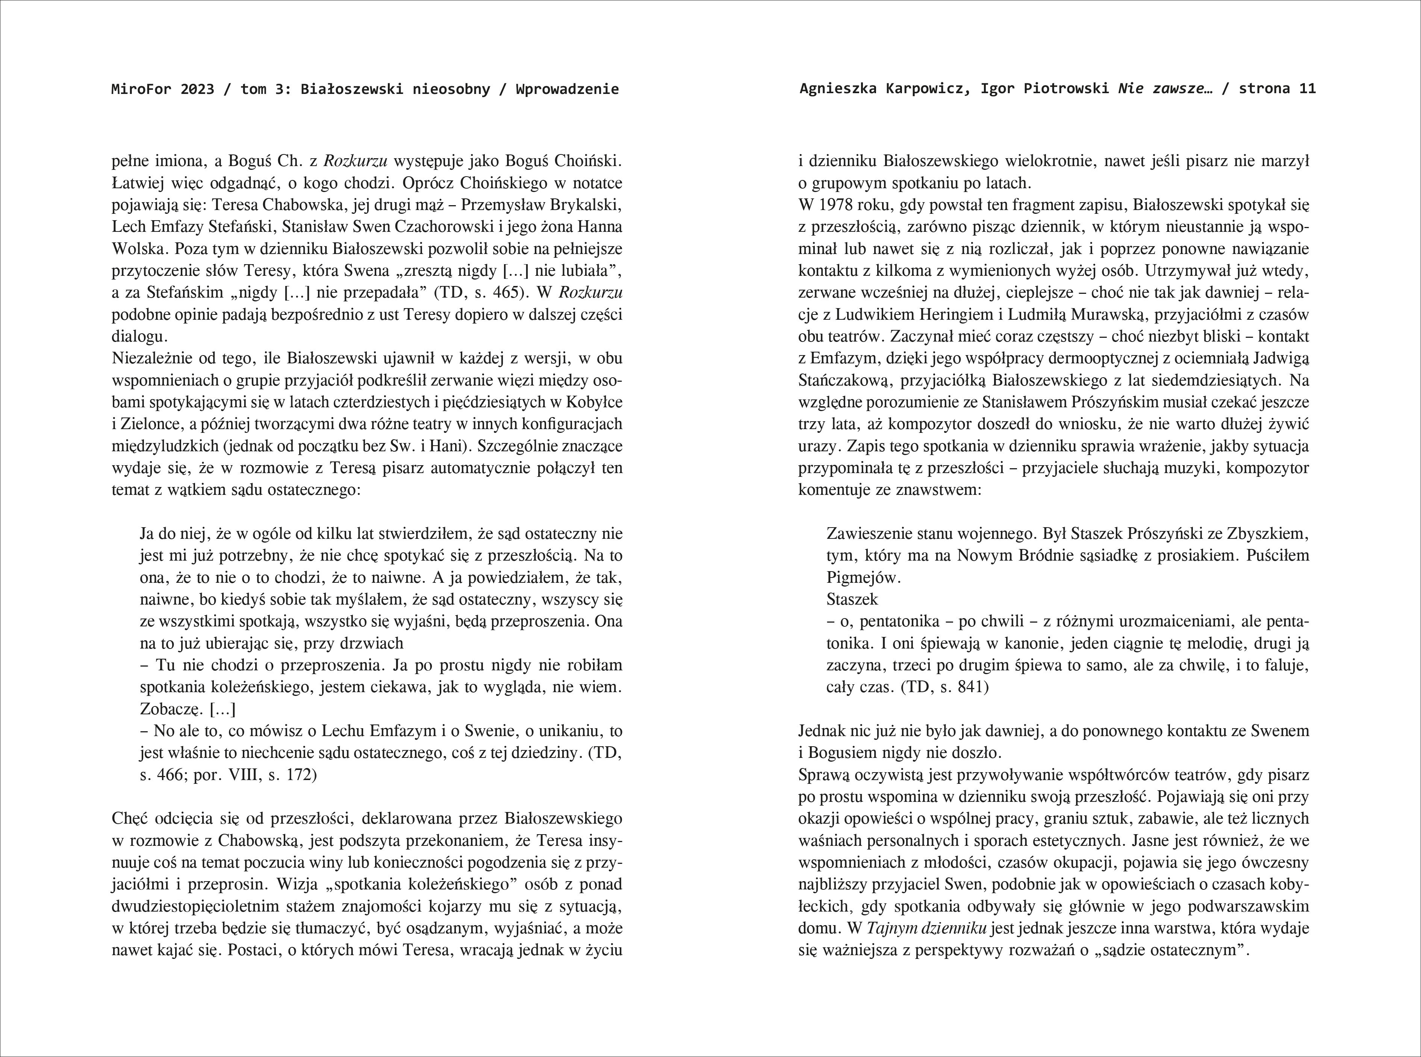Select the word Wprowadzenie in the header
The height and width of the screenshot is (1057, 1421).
(567, 89)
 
